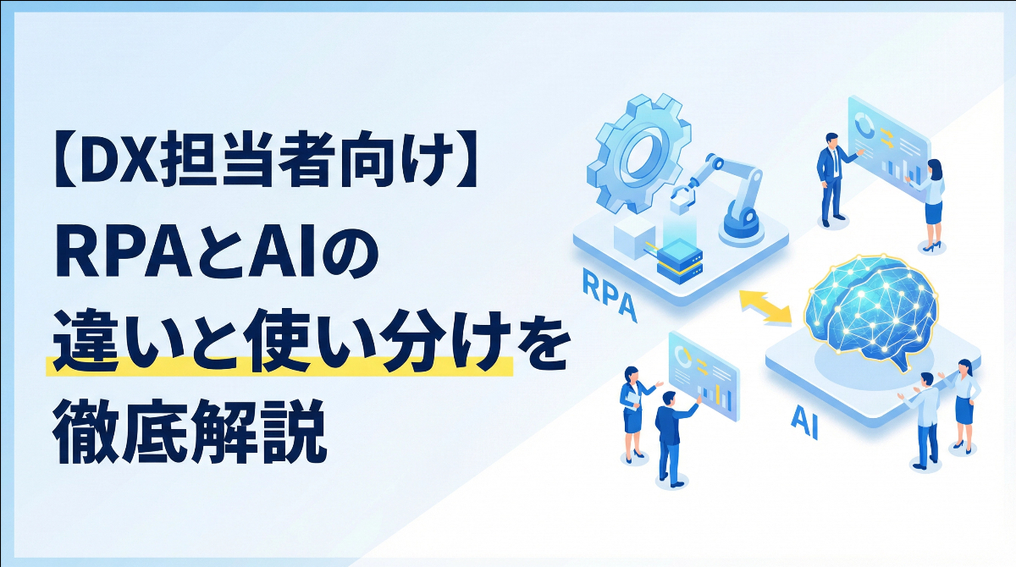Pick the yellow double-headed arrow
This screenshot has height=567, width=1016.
coord(765,306)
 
